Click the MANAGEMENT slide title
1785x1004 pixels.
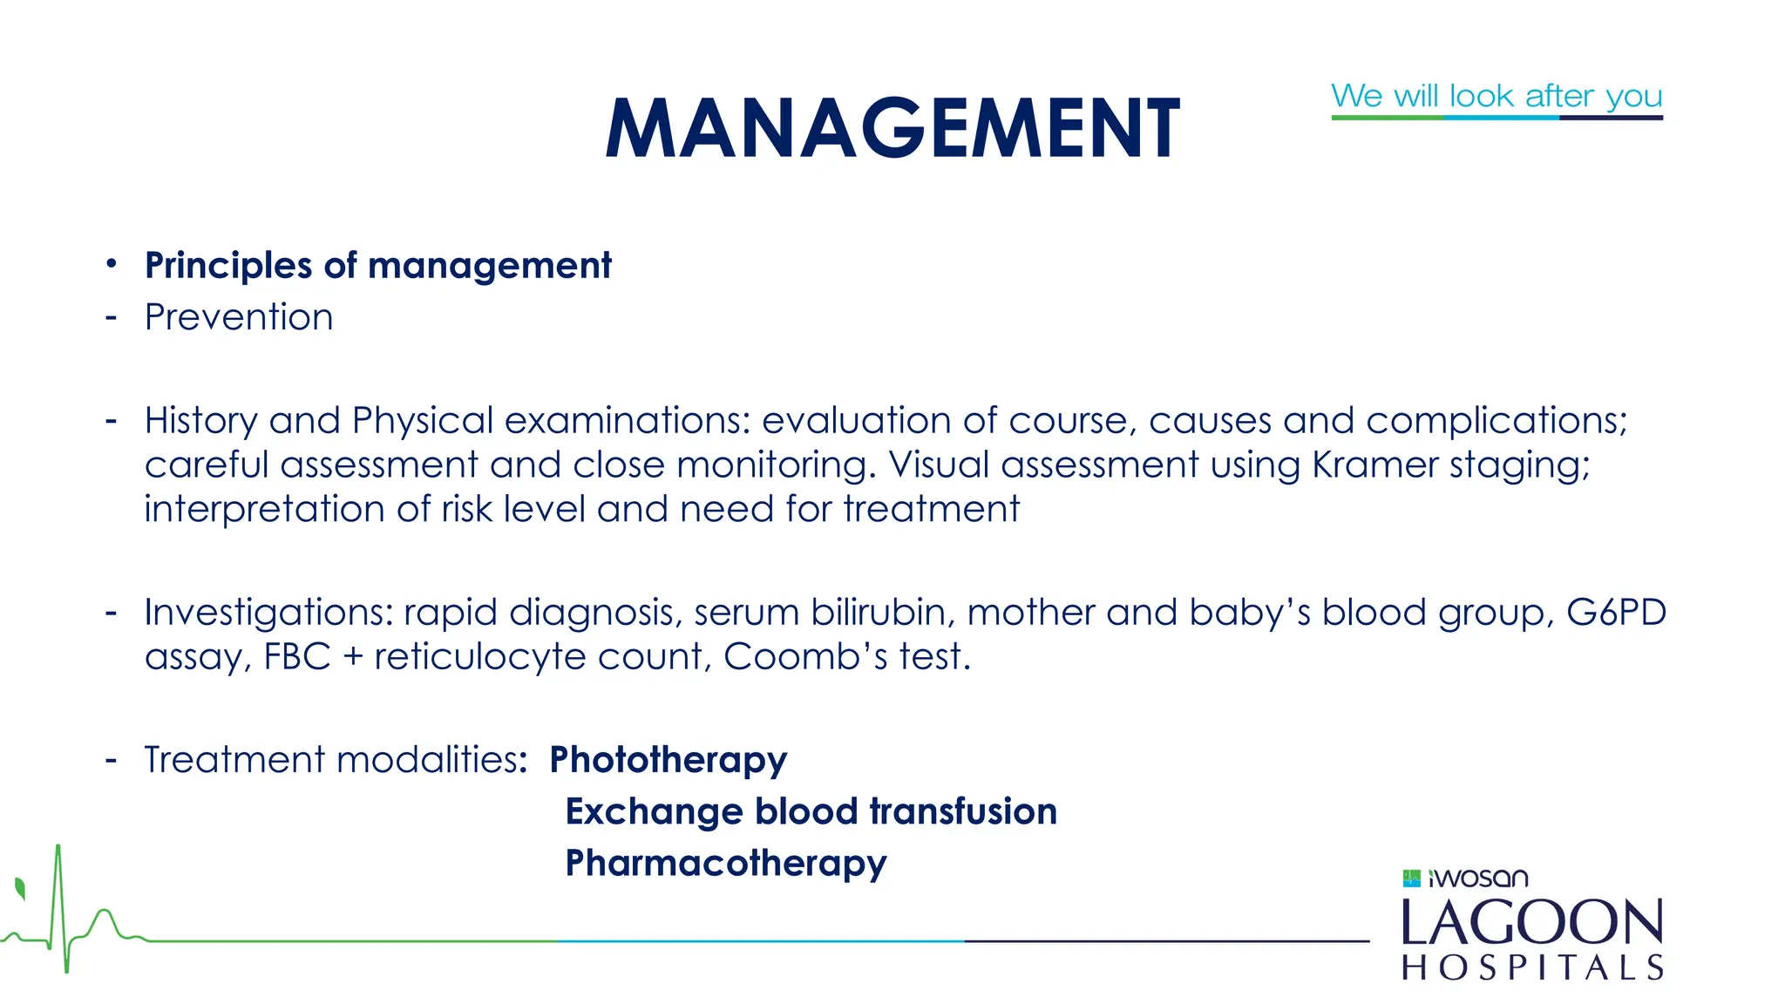click(892, 128)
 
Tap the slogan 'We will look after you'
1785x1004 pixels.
click(1497, 95)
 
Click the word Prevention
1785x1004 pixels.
click(239, 317)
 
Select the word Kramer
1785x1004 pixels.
click(1374, 465)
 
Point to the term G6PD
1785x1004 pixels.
click(1616, 612)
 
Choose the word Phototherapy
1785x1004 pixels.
click(668, 760)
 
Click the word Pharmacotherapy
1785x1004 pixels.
click(726, 864)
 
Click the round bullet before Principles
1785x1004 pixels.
click(111, 263)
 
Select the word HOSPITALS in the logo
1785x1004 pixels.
click(1532, 967)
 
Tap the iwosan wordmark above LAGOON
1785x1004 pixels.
click(1479, 878)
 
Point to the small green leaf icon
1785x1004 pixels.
click(20, 889)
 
